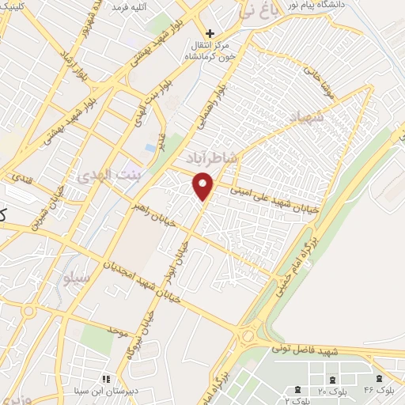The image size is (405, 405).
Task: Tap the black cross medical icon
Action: [x=210, y=33]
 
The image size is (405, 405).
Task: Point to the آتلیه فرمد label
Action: [x=130, y=7]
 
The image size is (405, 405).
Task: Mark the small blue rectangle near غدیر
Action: [x=150, y=148]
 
